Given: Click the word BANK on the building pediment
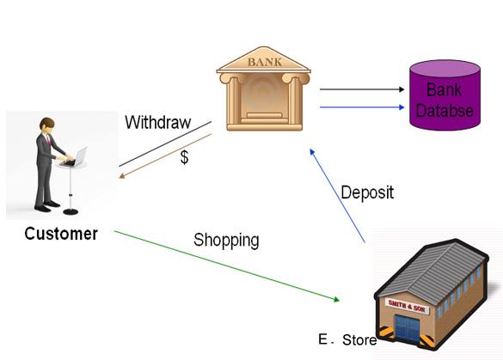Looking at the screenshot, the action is pos(265,62).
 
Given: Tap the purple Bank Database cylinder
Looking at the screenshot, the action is pos(445,95).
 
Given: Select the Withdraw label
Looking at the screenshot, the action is pos(158,122).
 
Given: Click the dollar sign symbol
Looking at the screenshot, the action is pos(184,157).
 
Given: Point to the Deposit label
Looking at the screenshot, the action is pos(367,192).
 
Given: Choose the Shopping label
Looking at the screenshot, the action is pos(226,240).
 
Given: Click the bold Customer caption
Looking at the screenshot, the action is pos(61,234).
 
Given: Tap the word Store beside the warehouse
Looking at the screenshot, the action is pos(359,340).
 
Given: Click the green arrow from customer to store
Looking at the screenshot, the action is pos(227,266).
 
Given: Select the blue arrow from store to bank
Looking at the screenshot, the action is pos(337,195).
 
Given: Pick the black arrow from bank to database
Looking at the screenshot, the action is pos(362,89).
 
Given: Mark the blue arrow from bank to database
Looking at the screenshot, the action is pos(362,107).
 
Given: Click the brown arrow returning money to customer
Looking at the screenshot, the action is pos(165,156).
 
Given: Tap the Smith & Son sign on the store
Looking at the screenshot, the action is pos(407,307).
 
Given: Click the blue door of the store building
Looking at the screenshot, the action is pos(407,328).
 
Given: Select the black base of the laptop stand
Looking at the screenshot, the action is pos(71,211).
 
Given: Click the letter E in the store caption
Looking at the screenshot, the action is pos(322,339).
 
